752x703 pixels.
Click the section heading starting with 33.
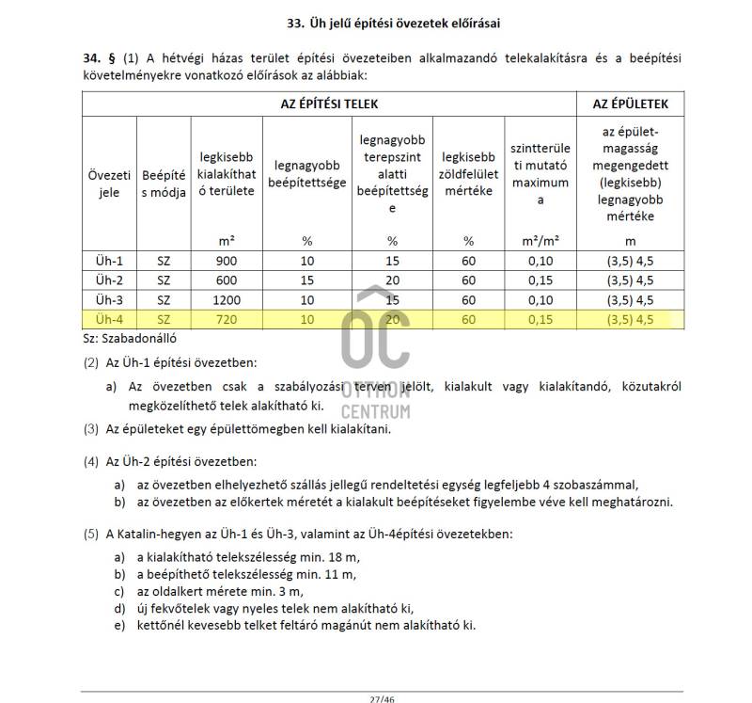point(415,22)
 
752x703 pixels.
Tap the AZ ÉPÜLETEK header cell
point(629,104)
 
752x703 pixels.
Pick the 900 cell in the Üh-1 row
point(227,261)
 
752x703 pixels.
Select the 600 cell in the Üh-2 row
point(227,280)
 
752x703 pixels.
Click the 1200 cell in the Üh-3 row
point(227,300)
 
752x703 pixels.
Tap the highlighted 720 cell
point(227,320)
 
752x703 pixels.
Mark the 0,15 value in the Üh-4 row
point(540,320)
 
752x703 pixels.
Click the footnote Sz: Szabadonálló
point(131,337)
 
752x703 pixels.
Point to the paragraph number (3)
point(90,429)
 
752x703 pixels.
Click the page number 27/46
point(380,698)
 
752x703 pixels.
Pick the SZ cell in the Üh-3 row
point(164,300)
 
